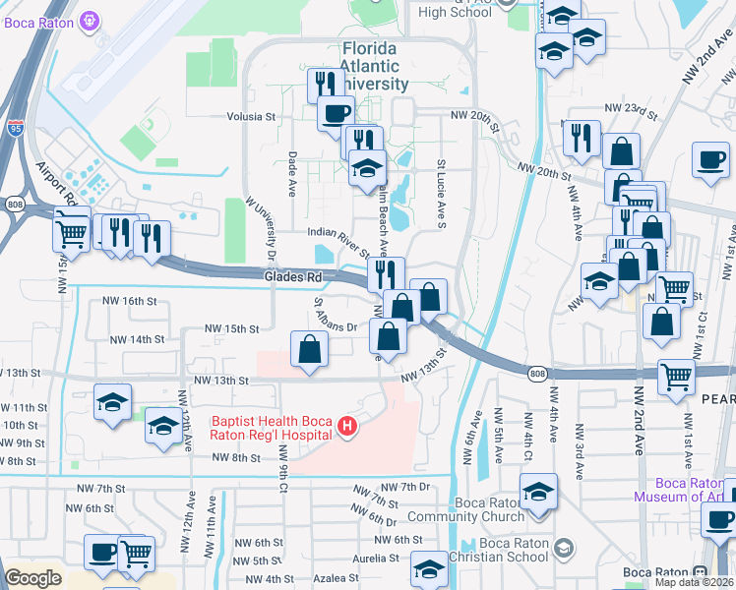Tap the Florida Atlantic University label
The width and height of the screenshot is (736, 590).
(384, 67)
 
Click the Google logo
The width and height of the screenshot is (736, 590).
(32, 578)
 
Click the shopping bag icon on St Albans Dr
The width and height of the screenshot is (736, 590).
(310, 349)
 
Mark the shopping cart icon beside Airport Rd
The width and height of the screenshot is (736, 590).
(72, 231)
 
